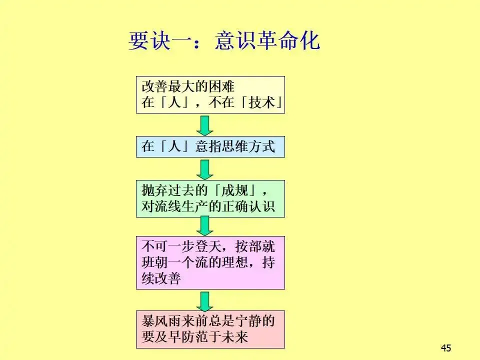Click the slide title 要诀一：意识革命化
(224, 40)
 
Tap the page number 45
(445, 348)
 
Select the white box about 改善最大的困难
(210, 95)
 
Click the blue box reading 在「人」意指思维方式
(210, 146)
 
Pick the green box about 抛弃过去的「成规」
(210, 198)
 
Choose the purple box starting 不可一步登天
(210, 262)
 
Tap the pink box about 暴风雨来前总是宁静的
(210, 329)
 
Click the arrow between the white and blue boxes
(204, 125)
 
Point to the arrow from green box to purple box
(204, 226)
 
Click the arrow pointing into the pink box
(204, 300)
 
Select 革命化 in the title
(288, 40)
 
